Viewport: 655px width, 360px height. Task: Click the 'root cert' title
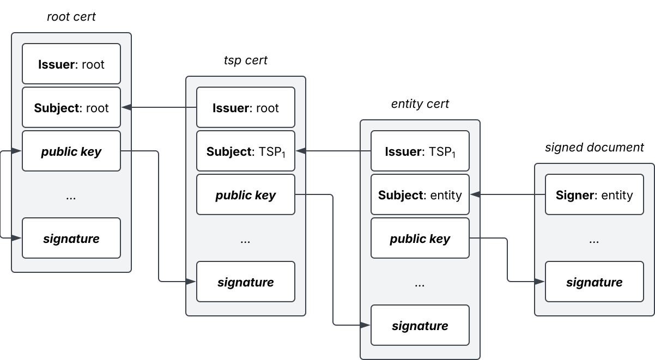71,17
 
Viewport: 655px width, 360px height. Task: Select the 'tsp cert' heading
246,60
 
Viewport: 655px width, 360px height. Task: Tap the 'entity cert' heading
420,103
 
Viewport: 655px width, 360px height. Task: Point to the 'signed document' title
594,147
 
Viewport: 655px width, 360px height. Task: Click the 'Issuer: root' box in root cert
71,64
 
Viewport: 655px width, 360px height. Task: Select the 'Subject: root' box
71,107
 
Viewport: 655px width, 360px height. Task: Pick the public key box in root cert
71,151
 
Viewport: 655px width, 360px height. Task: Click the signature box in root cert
71,238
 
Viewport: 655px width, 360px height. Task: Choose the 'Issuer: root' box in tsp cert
246,107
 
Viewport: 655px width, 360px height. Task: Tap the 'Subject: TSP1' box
246,151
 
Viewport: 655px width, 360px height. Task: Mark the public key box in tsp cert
246,194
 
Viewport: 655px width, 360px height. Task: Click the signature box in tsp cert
246,282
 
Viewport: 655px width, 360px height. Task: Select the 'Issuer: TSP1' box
420,151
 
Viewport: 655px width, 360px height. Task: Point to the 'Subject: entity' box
420,194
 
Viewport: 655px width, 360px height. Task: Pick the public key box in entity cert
420,238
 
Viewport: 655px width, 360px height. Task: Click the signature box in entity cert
420,325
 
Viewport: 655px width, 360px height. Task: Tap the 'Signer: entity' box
594,194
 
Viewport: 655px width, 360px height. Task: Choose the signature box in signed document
594,282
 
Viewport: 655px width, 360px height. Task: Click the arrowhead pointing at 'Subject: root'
126,107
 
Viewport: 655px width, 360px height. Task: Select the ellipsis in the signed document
594,242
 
